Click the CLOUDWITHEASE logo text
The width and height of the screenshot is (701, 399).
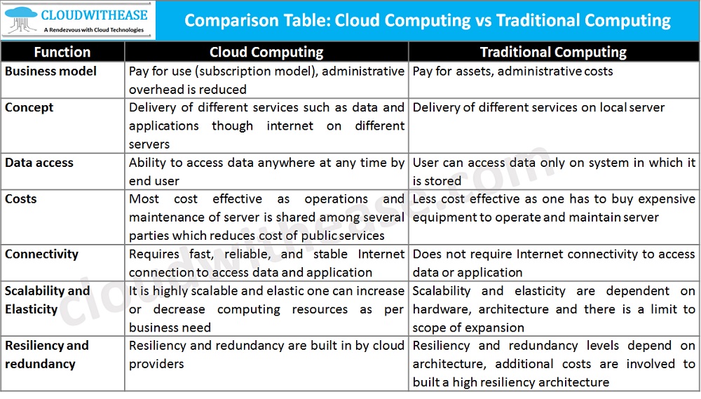[95, 14]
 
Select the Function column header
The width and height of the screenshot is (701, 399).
[62, 52]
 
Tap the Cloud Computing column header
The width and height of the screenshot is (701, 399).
[266, 52]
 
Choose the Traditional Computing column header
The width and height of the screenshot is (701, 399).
[553, 52]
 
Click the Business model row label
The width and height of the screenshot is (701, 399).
[50, 71]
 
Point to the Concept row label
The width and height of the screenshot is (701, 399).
[29, 107]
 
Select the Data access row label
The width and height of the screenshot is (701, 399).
[39, 163]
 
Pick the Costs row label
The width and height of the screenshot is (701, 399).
[21, 199]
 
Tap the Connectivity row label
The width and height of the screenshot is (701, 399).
[41, 254]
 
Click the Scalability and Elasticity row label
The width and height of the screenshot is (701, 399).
[48, 299]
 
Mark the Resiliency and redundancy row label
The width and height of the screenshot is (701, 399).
[47, 354]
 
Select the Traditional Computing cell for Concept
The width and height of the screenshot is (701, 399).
[538, 108]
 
